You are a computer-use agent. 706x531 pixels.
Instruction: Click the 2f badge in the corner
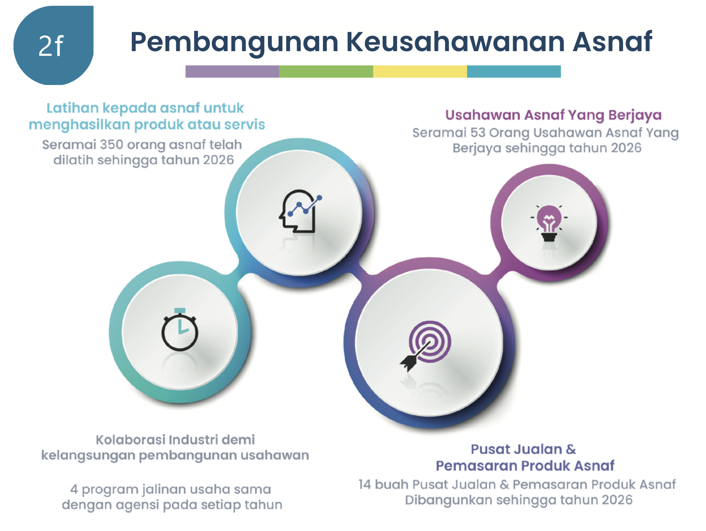pyautogui.click(x=53, y=45)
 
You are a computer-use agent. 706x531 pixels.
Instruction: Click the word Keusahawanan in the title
pyautogui.click(x=455, y=41)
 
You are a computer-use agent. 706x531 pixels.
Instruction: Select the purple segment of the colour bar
pyautogui.click(x=232, y=71)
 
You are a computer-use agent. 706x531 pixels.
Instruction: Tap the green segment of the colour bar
pyautogui.click(x=326, y=71)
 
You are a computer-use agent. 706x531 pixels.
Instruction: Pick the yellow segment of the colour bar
pyautogui.click(x=420, y=71)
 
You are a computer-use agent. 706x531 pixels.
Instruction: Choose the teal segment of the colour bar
pyautogui.click(x=514, y=71)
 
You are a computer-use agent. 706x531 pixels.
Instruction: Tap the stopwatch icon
pyautogui.click(x=180, y=329)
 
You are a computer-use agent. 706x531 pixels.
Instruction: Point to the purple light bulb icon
pyautogui.click(x=549, y=223)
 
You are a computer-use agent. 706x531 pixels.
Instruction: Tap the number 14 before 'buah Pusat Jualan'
pyautogui.click(x=365, y=484)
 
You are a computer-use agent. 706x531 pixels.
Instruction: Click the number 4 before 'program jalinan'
pyautogui.click(x=74, y=489)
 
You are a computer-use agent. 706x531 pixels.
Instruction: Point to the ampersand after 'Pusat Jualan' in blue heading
pyautogui.click(x=571, y=449)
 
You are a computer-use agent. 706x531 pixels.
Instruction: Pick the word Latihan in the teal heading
pyautogui.click(x=72, y=108)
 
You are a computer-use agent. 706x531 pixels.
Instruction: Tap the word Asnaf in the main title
pyautogui.click(x=613, y=41)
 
